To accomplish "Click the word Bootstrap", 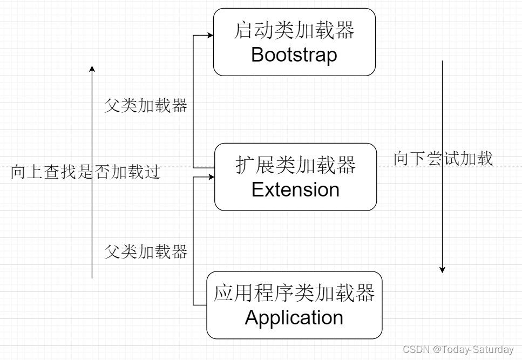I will (x=294, y=55).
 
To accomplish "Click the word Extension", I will (x=295, y=189).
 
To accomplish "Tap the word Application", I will (x=294, y=317).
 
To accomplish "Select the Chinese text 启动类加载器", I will (x=294, y=31).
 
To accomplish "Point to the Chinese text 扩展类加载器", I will (x=295, y=165).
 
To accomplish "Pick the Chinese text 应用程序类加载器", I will (x=294, y=294).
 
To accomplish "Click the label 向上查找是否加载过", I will (x=85, y=173).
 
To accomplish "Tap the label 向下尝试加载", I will (x=443, y=158).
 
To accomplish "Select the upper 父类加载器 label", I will (x=146, y=105).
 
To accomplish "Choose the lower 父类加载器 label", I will (x=146, y=251).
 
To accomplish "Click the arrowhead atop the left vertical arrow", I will (x=92, y=69).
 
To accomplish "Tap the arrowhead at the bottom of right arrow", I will (x=442, y=269).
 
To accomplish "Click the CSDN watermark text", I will (x=415, y=350).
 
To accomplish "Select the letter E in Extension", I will (x=257, y=189).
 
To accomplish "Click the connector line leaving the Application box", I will (x=200, y=305).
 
